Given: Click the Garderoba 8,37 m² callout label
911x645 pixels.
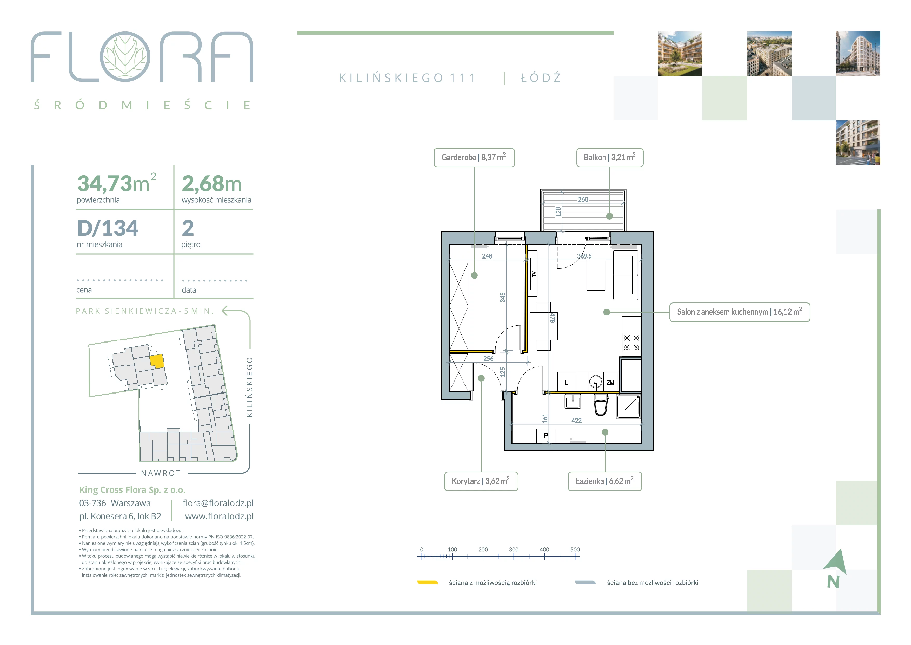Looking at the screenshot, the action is click(474, 158).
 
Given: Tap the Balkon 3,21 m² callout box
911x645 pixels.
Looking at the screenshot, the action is click(609, 158).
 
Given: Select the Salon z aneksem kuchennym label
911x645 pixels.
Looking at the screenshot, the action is click(740, 312).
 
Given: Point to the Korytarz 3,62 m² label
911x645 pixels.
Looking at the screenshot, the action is click(481, 481).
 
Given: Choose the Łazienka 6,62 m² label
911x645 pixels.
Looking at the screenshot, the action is click(605, 481).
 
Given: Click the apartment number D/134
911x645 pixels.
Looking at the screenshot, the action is click(108, 228).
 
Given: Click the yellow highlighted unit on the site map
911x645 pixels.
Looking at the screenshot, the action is click(157, 361).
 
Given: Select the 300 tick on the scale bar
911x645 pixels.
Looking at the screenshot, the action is click(514, 550).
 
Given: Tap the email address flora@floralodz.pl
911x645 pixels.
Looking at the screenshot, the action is click(218, 503).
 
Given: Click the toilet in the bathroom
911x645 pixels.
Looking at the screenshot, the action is click(601, 404).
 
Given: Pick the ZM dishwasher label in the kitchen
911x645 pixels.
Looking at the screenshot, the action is click(610, 383).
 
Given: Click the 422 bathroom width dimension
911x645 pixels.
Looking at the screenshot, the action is click(576, 421).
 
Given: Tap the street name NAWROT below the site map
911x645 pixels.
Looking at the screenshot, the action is click(161, 473).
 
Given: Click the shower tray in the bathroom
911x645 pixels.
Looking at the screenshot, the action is click(628, 407).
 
